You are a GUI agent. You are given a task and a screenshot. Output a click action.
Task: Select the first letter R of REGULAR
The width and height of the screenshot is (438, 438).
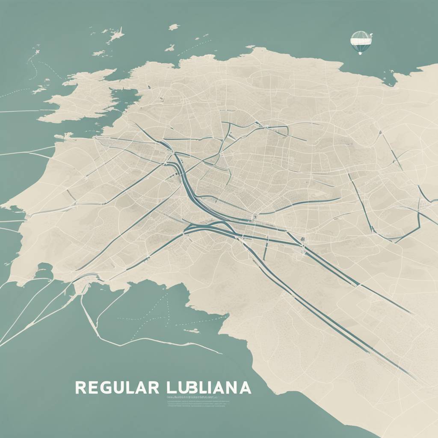[80, 387]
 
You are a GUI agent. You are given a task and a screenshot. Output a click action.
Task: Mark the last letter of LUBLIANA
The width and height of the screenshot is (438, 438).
[245, 387]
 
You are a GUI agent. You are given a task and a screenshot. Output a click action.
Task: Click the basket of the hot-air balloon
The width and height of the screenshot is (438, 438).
[360, 53]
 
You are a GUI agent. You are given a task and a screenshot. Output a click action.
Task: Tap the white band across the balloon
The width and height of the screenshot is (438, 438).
[360, 41]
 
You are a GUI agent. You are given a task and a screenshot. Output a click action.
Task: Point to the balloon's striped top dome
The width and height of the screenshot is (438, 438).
[360, 35]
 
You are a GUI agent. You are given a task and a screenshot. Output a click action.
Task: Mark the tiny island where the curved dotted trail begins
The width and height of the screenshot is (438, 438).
[36, 52]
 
